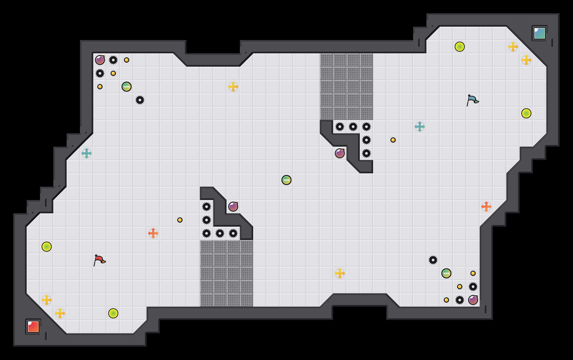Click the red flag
99,260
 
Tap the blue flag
472,100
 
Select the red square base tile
33,327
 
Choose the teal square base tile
539,33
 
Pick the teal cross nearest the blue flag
420,127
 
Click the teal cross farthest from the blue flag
87,153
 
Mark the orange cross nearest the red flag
153,233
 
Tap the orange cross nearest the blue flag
486,207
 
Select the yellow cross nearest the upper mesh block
233,87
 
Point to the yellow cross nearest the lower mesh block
340,273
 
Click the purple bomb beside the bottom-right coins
473,300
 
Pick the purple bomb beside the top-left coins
100,60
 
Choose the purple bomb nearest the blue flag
340,153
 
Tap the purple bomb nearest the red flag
233,207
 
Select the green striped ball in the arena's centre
286,180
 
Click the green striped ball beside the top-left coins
127,87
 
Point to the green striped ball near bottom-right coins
446,273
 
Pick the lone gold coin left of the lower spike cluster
180,220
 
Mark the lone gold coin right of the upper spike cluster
393,140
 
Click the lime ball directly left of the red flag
47,247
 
